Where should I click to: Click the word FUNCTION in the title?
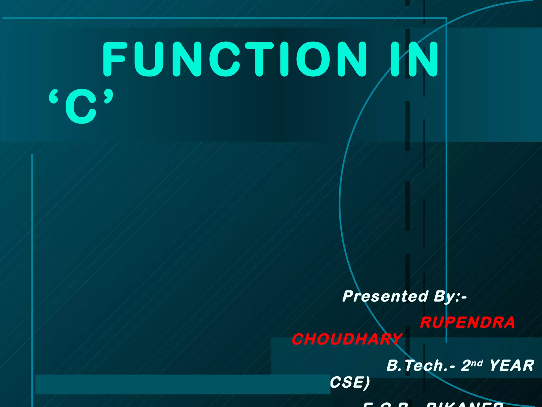click(x=234, y=59)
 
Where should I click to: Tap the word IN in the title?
click(x=414, y=59)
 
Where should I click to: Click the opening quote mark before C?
click(x=53, y=98)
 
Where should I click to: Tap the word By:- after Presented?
click(x=450, y=296)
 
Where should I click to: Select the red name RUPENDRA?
click(x=467, y=322)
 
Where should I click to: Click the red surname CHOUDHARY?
click(x=347, y=339)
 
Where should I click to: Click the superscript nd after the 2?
click(x=477, y=363)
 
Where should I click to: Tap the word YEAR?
click(x=512, y=366)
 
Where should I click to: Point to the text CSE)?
click(x=350, y=382)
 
